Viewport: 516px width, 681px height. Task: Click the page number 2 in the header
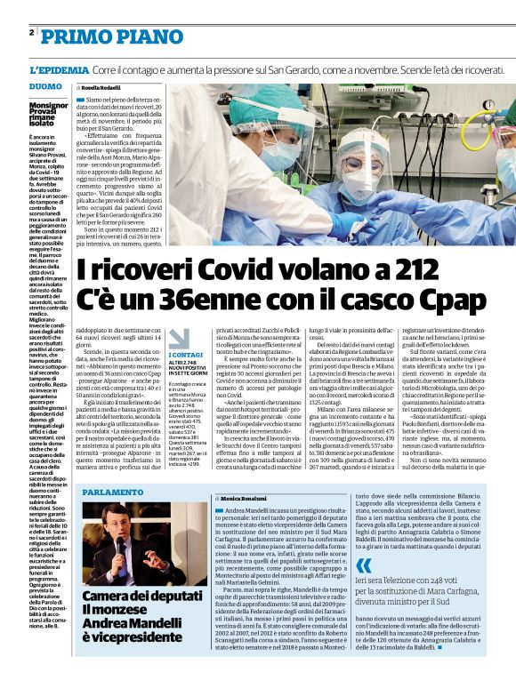(x=31, y=33)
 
